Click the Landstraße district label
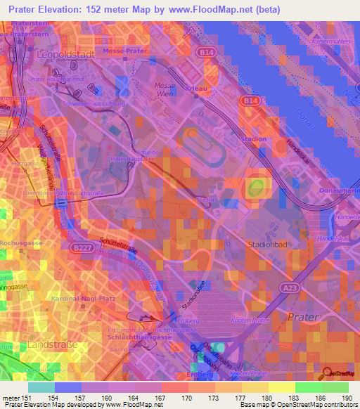(49, 346)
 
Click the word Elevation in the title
(68, 9)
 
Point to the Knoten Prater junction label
(250, 320)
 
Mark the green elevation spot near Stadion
(255, 187)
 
